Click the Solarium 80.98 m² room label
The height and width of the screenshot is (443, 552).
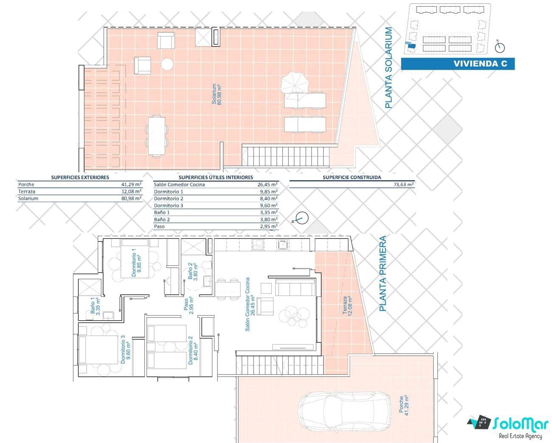(217, 94)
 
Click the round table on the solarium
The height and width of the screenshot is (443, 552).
(167, 65)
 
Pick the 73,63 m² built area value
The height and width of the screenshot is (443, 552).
(404, 184)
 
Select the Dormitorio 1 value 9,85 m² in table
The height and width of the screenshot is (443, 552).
(268, 192)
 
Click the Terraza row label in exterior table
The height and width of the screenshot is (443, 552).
(25, 192)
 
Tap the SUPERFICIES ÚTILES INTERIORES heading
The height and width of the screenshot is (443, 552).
(216, 177)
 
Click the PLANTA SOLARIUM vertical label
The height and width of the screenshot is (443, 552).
(389, 68)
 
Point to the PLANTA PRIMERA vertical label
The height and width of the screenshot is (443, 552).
(383, 274)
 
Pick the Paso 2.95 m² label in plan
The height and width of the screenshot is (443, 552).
(189, 306)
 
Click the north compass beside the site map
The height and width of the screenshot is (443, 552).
(500, 47)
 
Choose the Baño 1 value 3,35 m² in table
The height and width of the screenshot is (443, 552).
(268, 212)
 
